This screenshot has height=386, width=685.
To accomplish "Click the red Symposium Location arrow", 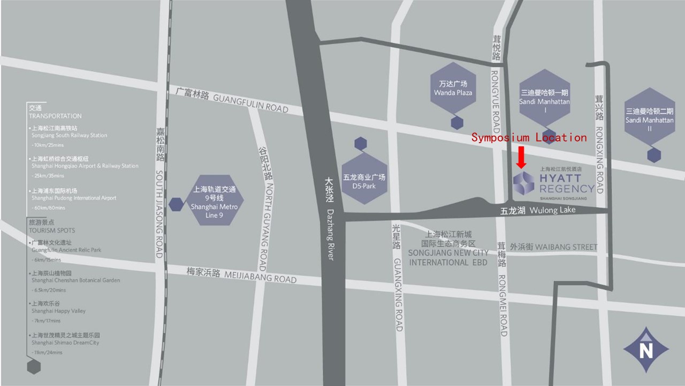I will point(521,157).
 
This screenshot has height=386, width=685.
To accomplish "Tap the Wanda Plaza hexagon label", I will point(453,88).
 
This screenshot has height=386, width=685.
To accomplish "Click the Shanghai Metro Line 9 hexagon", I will point(214,200).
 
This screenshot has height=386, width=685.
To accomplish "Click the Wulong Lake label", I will point(537,211).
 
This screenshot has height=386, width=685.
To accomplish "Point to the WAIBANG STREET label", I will point(553,247).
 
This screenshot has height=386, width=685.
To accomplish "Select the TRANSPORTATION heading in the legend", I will point(55,116).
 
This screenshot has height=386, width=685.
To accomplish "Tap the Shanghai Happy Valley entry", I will point(58,311).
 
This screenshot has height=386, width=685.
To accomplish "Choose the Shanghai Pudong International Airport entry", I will point(73,198).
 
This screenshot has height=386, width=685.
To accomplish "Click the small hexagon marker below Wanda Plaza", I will point(456,123).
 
